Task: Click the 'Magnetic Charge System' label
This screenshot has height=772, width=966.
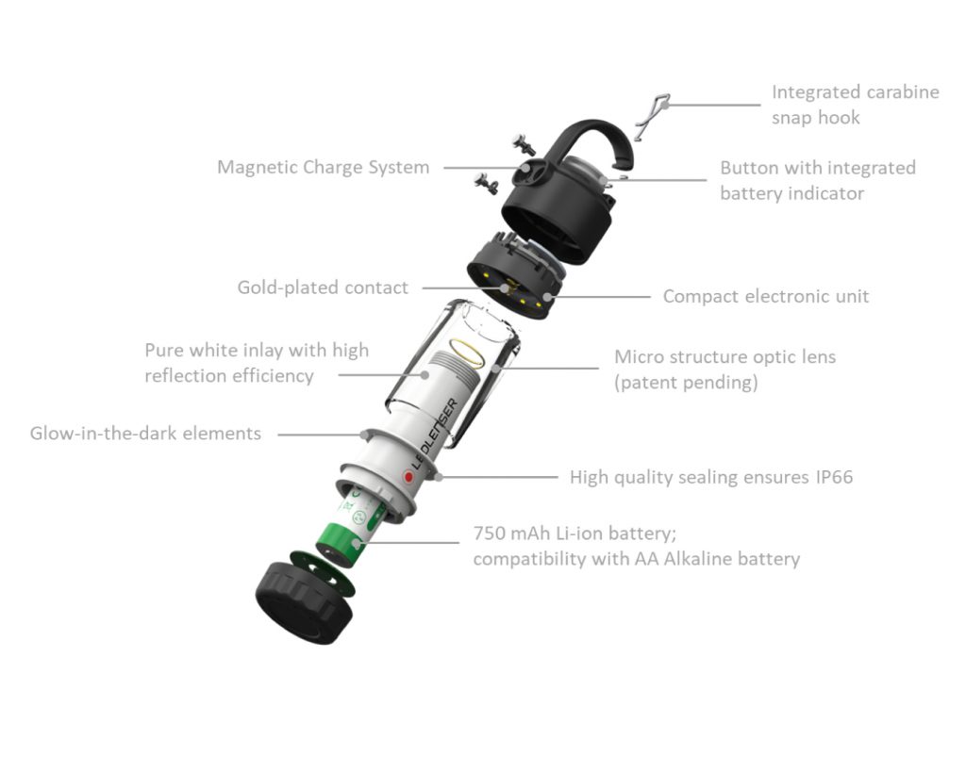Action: (323, 168)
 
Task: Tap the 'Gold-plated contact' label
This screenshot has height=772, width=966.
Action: (323, 287)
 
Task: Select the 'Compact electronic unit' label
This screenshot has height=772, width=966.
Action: (766, 296)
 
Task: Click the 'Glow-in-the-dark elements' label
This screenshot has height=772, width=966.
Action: (145, 434)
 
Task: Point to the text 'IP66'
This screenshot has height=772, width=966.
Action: (834, 477)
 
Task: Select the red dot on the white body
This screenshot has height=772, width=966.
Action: (408, 477)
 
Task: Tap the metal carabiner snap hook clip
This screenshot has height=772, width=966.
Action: (651, 116)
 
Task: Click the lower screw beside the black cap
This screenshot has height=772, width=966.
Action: (487, 182)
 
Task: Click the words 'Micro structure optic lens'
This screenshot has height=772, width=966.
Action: (724, 357)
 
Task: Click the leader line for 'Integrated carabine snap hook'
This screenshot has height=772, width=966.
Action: (713, 105)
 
